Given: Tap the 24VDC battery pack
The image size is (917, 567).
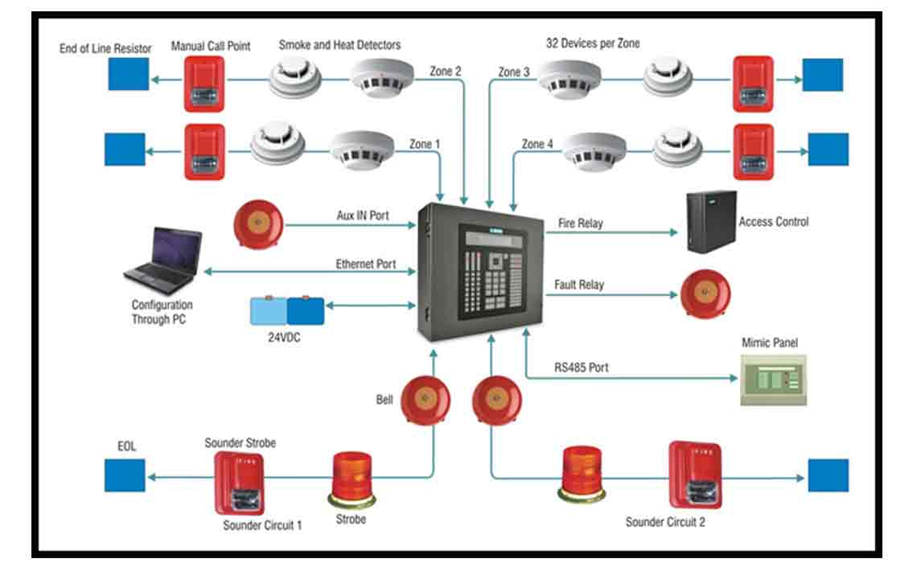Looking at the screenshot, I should pyautogui.click(x=287, y=310).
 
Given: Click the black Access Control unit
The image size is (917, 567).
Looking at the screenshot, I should pyautogui.click(x=711, y=221).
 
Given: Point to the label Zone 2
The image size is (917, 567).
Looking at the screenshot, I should pyautogui.click(x=446, y=72).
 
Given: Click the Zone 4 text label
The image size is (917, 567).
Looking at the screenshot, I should pyautogui.click(x=537, y=145).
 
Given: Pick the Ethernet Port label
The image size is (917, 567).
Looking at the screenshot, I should pyautogui.click(x=366, y=264).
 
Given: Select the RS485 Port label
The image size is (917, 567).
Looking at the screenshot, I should pyautogui.click(x=581, y=368).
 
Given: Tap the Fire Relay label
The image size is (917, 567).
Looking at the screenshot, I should pyautogui.click(x=580, y=223).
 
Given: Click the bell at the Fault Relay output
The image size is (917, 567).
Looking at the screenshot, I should pyautogui.click(x=705, y=294).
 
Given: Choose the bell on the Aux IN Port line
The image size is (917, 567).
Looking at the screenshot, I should pyautogui.click(x=258, y=225).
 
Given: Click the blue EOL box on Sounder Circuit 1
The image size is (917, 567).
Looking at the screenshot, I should pyautogui.click(x=125, y=475).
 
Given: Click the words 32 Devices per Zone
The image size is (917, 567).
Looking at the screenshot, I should pyautogui.click(x=593, y=43).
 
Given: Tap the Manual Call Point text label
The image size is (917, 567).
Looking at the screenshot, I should pyautogui.click(x=211, y=47).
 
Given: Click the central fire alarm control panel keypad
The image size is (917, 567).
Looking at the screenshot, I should pyautogui.click(x=492, y=273).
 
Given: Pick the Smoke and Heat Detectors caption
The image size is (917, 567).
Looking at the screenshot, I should pyautogui.click(x=339, y=45).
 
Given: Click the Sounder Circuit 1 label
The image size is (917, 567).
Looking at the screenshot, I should pyautogui.click(x=263, y=525).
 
